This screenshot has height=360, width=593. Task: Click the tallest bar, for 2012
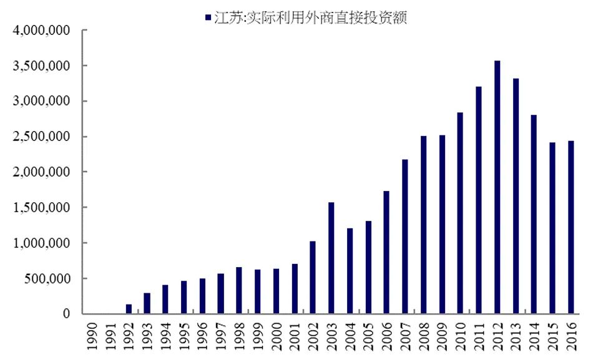tap(497, 187)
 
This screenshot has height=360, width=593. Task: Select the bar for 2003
tap(331, 258)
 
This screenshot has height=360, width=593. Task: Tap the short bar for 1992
tap(129, 309)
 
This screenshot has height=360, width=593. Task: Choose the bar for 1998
tap(239, 290)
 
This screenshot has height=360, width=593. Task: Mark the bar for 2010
tap(460, 213)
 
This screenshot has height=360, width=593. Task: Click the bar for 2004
tap(350, 271)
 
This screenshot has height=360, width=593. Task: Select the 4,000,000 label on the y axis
tap(40, 31)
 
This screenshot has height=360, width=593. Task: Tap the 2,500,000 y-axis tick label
tap(40, 137)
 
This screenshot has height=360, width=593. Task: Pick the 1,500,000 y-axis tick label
tap(40, 208)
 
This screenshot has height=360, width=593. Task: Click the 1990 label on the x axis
tap(92, 337)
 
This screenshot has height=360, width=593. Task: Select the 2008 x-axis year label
tap(423, 337)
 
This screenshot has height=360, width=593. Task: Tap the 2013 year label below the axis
tap(516, 337)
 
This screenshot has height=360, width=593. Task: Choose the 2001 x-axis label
tap(295, 337)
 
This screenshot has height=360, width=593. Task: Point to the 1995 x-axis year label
tap(184, 337)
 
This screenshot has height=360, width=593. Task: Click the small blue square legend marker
tap(207, 17)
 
